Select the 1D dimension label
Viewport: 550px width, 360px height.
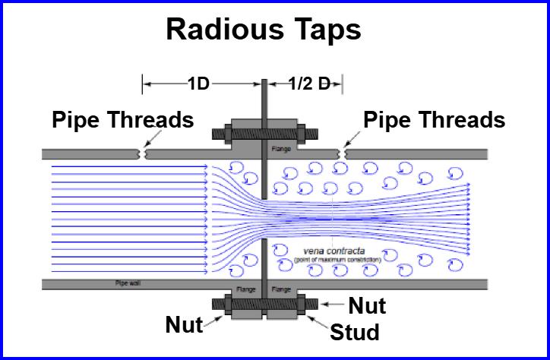(x=198, y=84)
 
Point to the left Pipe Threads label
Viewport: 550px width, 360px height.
(x=122, y=120)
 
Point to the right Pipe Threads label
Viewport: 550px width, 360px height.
(x=434, y=120)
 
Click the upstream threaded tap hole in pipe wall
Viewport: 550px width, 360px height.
(x=141, y=154)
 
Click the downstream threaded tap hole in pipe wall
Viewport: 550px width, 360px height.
(x=345, y=154)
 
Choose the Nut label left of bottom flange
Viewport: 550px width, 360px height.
(x=185, y=326)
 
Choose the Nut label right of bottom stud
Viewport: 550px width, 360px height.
(x=367, y=306)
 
